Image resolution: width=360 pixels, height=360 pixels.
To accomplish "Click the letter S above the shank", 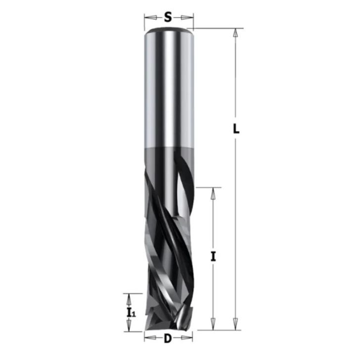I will [x=168, y=18].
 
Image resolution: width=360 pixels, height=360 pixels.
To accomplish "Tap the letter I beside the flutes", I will [x=214, y=257].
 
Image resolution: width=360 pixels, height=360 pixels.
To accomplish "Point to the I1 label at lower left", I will [x=131, y=312].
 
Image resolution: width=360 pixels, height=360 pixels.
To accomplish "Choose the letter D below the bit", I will [x=168, y=339].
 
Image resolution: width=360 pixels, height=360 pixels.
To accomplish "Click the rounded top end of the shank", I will [x=168, y=31].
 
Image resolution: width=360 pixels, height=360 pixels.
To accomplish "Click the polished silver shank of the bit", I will [x=168, y=89].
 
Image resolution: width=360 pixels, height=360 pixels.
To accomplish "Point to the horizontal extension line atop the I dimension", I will [x=208, y=187].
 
